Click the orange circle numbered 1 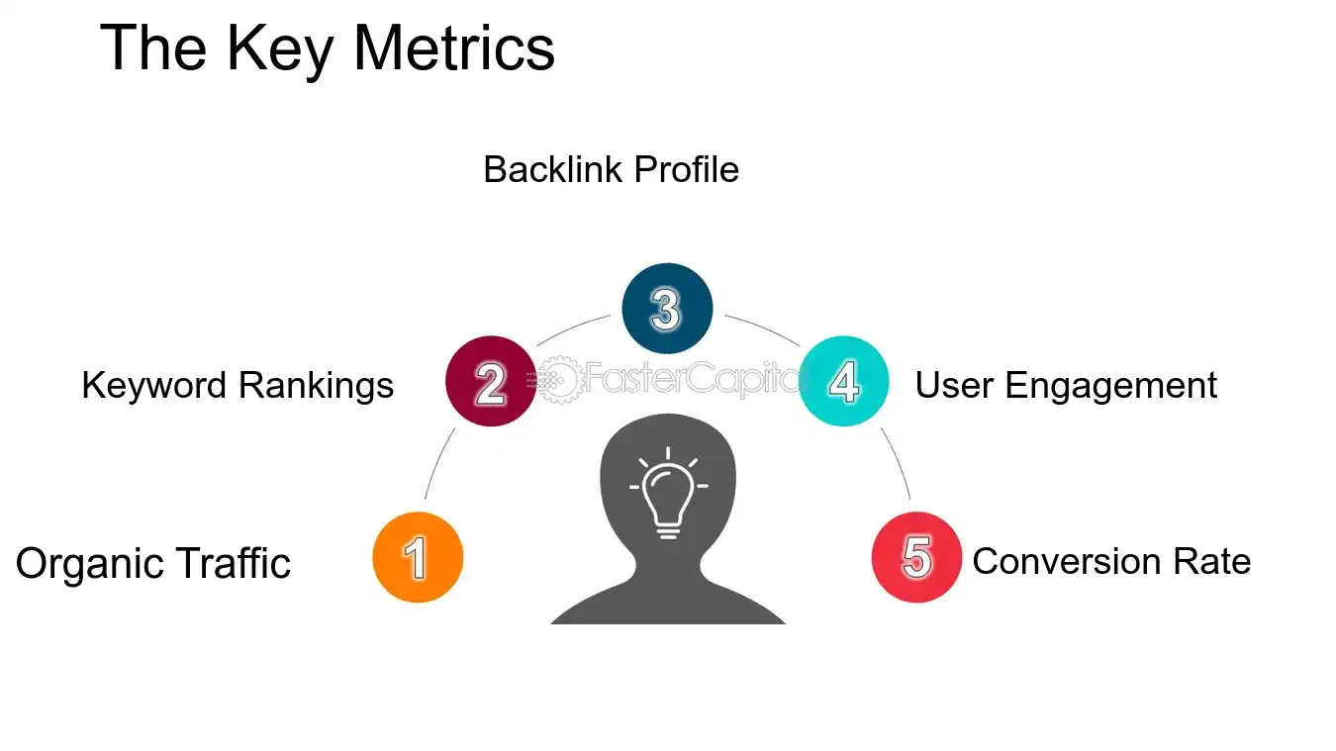click(x=418, y=558)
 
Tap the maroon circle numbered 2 click(x=491, y=382)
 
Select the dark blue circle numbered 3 click(x=667, y=309)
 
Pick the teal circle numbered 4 click(x=843, y=382)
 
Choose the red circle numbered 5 click(x=916, y=558)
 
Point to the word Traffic click(x=234, y=563)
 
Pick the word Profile click(x=687, y=169)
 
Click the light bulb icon click(x=668, y=494)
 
